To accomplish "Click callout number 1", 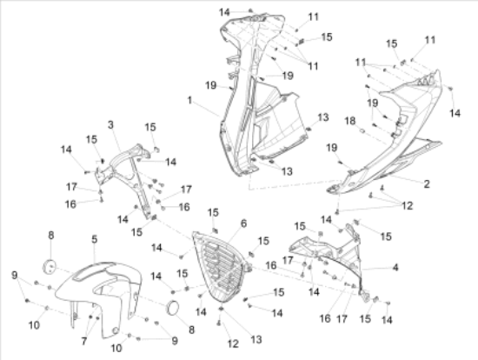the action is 189,100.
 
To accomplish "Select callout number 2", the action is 427,184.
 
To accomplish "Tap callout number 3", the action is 110,124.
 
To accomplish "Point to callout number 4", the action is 395,268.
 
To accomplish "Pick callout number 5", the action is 95,239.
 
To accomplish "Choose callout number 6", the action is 243,223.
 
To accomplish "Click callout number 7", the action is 84,341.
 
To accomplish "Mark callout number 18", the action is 350,121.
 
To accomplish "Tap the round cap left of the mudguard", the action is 50,266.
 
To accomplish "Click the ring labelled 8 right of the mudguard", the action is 173,308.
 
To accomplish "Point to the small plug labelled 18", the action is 362,131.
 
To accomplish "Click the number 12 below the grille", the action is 233,343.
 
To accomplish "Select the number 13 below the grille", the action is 256,339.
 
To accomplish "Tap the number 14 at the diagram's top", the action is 224,12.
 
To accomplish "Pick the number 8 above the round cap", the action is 51,236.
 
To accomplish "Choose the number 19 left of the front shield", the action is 211,85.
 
